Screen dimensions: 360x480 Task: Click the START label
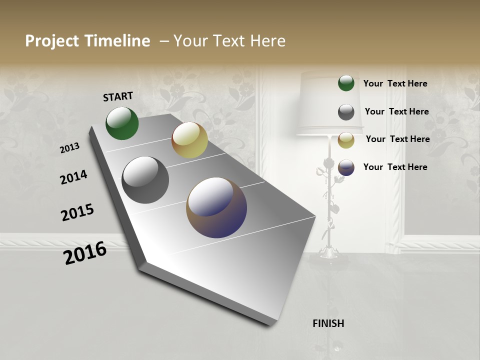click(118, 96)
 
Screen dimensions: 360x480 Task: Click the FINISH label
click(328, 323)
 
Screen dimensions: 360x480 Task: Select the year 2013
click(70, 148)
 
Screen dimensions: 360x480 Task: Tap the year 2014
click(73, 177)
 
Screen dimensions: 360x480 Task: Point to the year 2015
click(77, 212)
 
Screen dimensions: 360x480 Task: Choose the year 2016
click(85, 253)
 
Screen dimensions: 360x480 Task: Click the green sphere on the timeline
click(122, 123)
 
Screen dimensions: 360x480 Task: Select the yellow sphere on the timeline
click(189, 140)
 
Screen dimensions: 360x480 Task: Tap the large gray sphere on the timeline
click(145, 180)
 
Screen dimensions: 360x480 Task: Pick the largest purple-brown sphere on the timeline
click(216, 207)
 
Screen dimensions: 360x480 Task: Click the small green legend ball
click(346, 83)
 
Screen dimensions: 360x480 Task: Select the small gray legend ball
click(346, 112)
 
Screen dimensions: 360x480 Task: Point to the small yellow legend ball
click(346, 140)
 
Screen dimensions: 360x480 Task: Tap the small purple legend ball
click(346, 167)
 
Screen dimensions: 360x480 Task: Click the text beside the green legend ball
click(395, 84)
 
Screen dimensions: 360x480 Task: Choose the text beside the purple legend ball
click(395, 167)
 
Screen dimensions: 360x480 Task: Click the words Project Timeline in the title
click(87, 41)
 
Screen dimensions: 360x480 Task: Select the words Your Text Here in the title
click(229, 41)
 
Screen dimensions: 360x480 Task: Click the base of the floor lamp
click(328, 252)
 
